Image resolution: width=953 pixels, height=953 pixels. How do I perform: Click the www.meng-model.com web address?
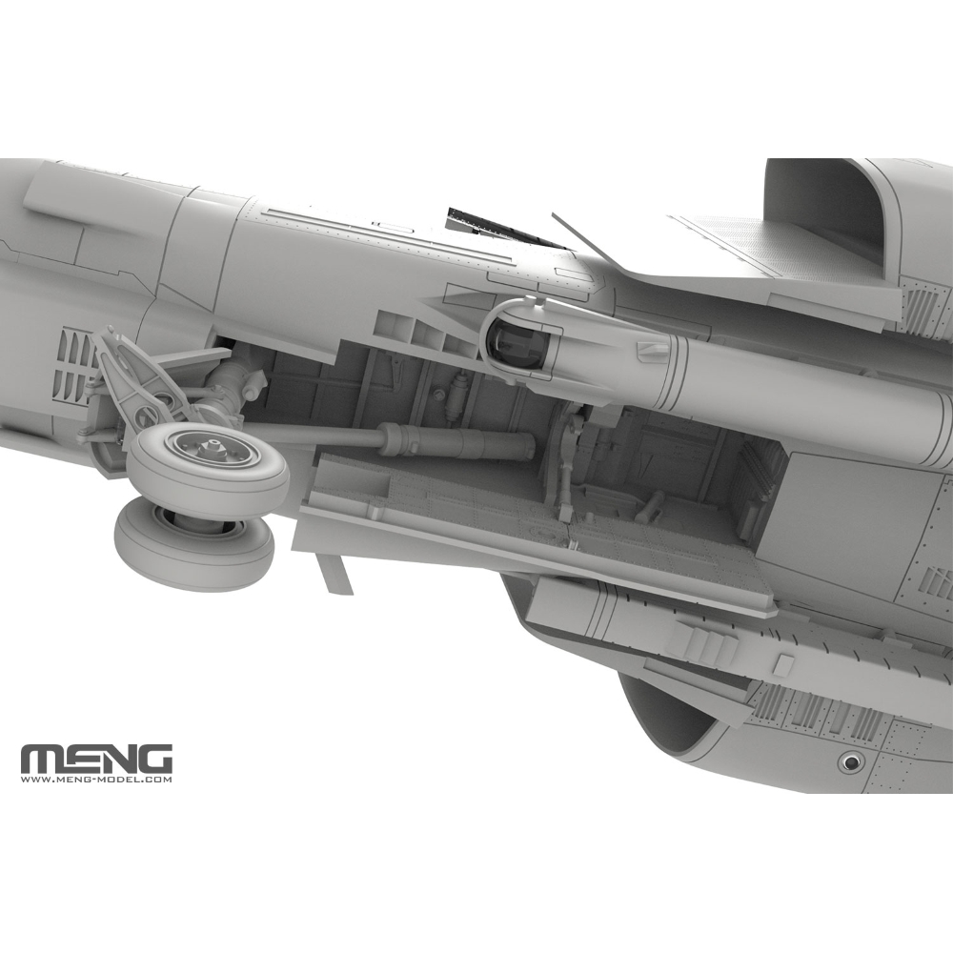click(x=96, y=779)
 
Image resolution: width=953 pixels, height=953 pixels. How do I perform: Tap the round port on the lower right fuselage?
click(x=851, y=760)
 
